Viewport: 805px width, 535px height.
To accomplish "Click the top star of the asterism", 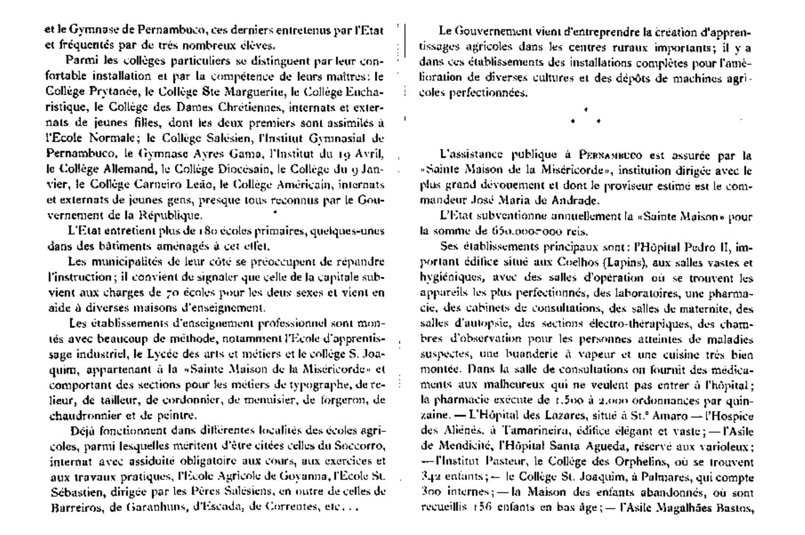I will tap(586, 110).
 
